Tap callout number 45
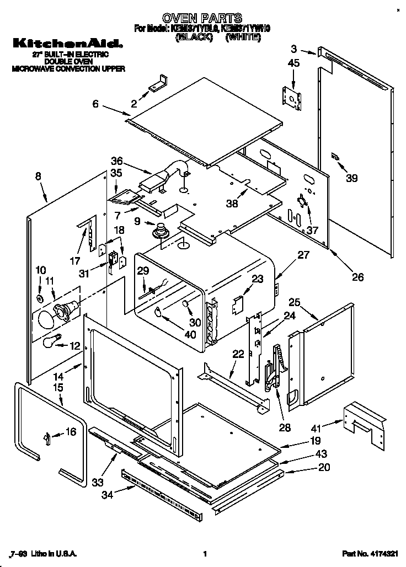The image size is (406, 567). click(293, 63)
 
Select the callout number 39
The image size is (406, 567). click(351, 178)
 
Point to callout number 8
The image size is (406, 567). click(38, 176)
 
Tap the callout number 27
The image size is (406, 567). click(303, 255)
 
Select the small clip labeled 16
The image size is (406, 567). click(48, 437)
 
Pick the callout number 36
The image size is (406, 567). click(116, 162)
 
